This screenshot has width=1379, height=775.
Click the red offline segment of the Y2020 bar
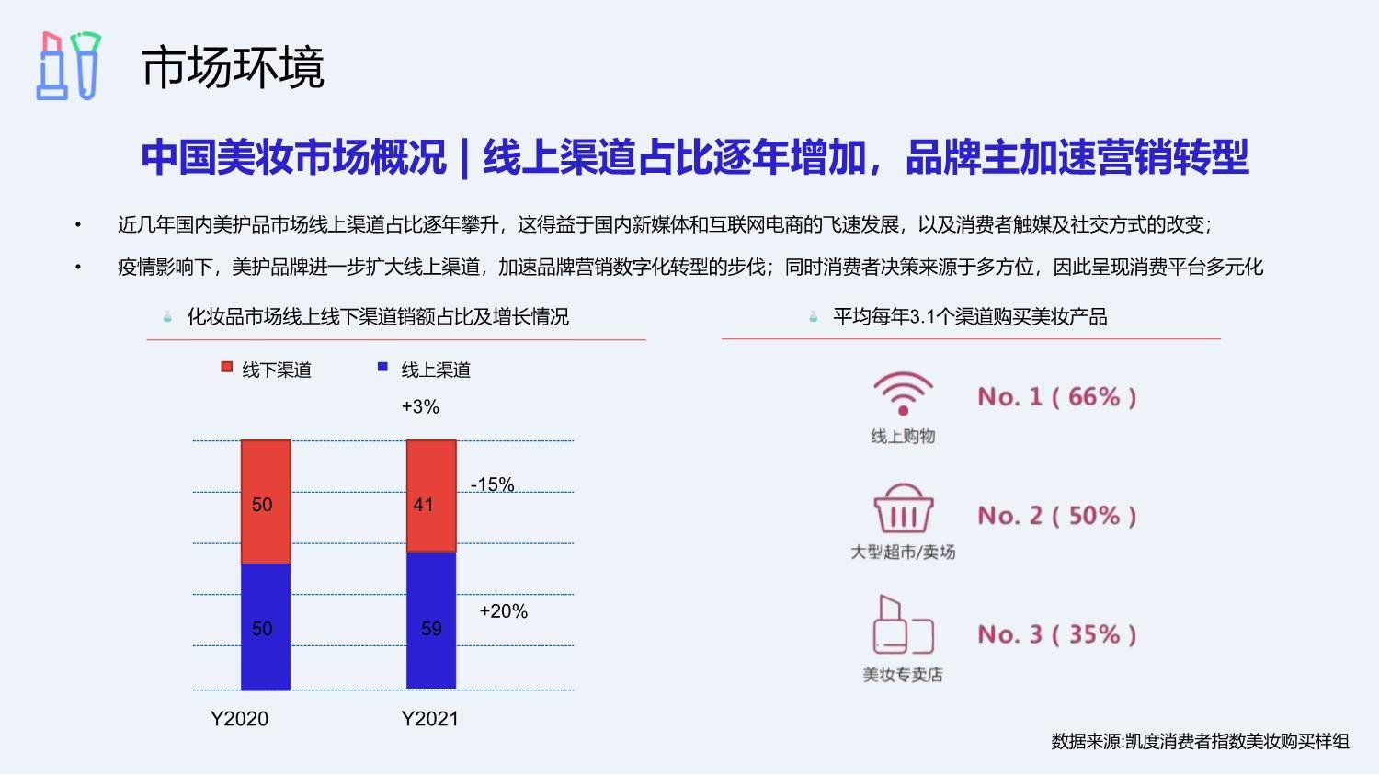tap(266, 502)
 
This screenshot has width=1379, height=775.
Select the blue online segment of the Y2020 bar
tap(266, 627)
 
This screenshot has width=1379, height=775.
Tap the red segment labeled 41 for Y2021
tap(431, 496)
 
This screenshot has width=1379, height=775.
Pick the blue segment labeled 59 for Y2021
tap(431, 621)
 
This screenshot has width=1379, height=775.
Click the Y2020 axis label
tap(239, 718)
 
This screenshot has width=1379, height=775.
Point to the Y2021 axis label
tap(429, 718)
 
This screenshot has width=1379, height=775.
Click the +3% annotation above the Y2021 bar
tap(420, 406)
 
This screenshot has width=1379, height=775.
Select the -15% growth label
tap(493, 484)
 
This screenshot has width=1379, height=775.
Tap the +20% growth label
tap(504, 610)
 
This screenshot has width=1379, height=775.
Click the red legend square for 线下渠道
tap(226, 367)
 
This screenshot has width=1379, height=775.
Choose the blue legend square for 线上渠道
tap(382, 367)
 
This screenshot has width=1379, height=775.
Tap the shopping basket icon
tap(903, 508)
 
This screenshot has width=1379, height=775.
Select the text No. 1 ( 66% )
tap(1056, 396)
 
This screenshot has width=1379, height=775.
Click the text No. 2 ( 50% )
tap(1056, 515)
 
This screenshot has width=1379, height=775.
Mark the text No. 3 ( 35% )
tap(1056, 634)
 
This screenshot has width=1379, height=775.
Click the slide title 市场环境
tap(233, 67)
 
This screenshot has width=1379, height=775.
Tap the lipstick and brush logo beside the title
tap(68, 66)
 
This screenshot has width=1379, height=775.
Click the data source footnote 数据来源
tap(1200, 741)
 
